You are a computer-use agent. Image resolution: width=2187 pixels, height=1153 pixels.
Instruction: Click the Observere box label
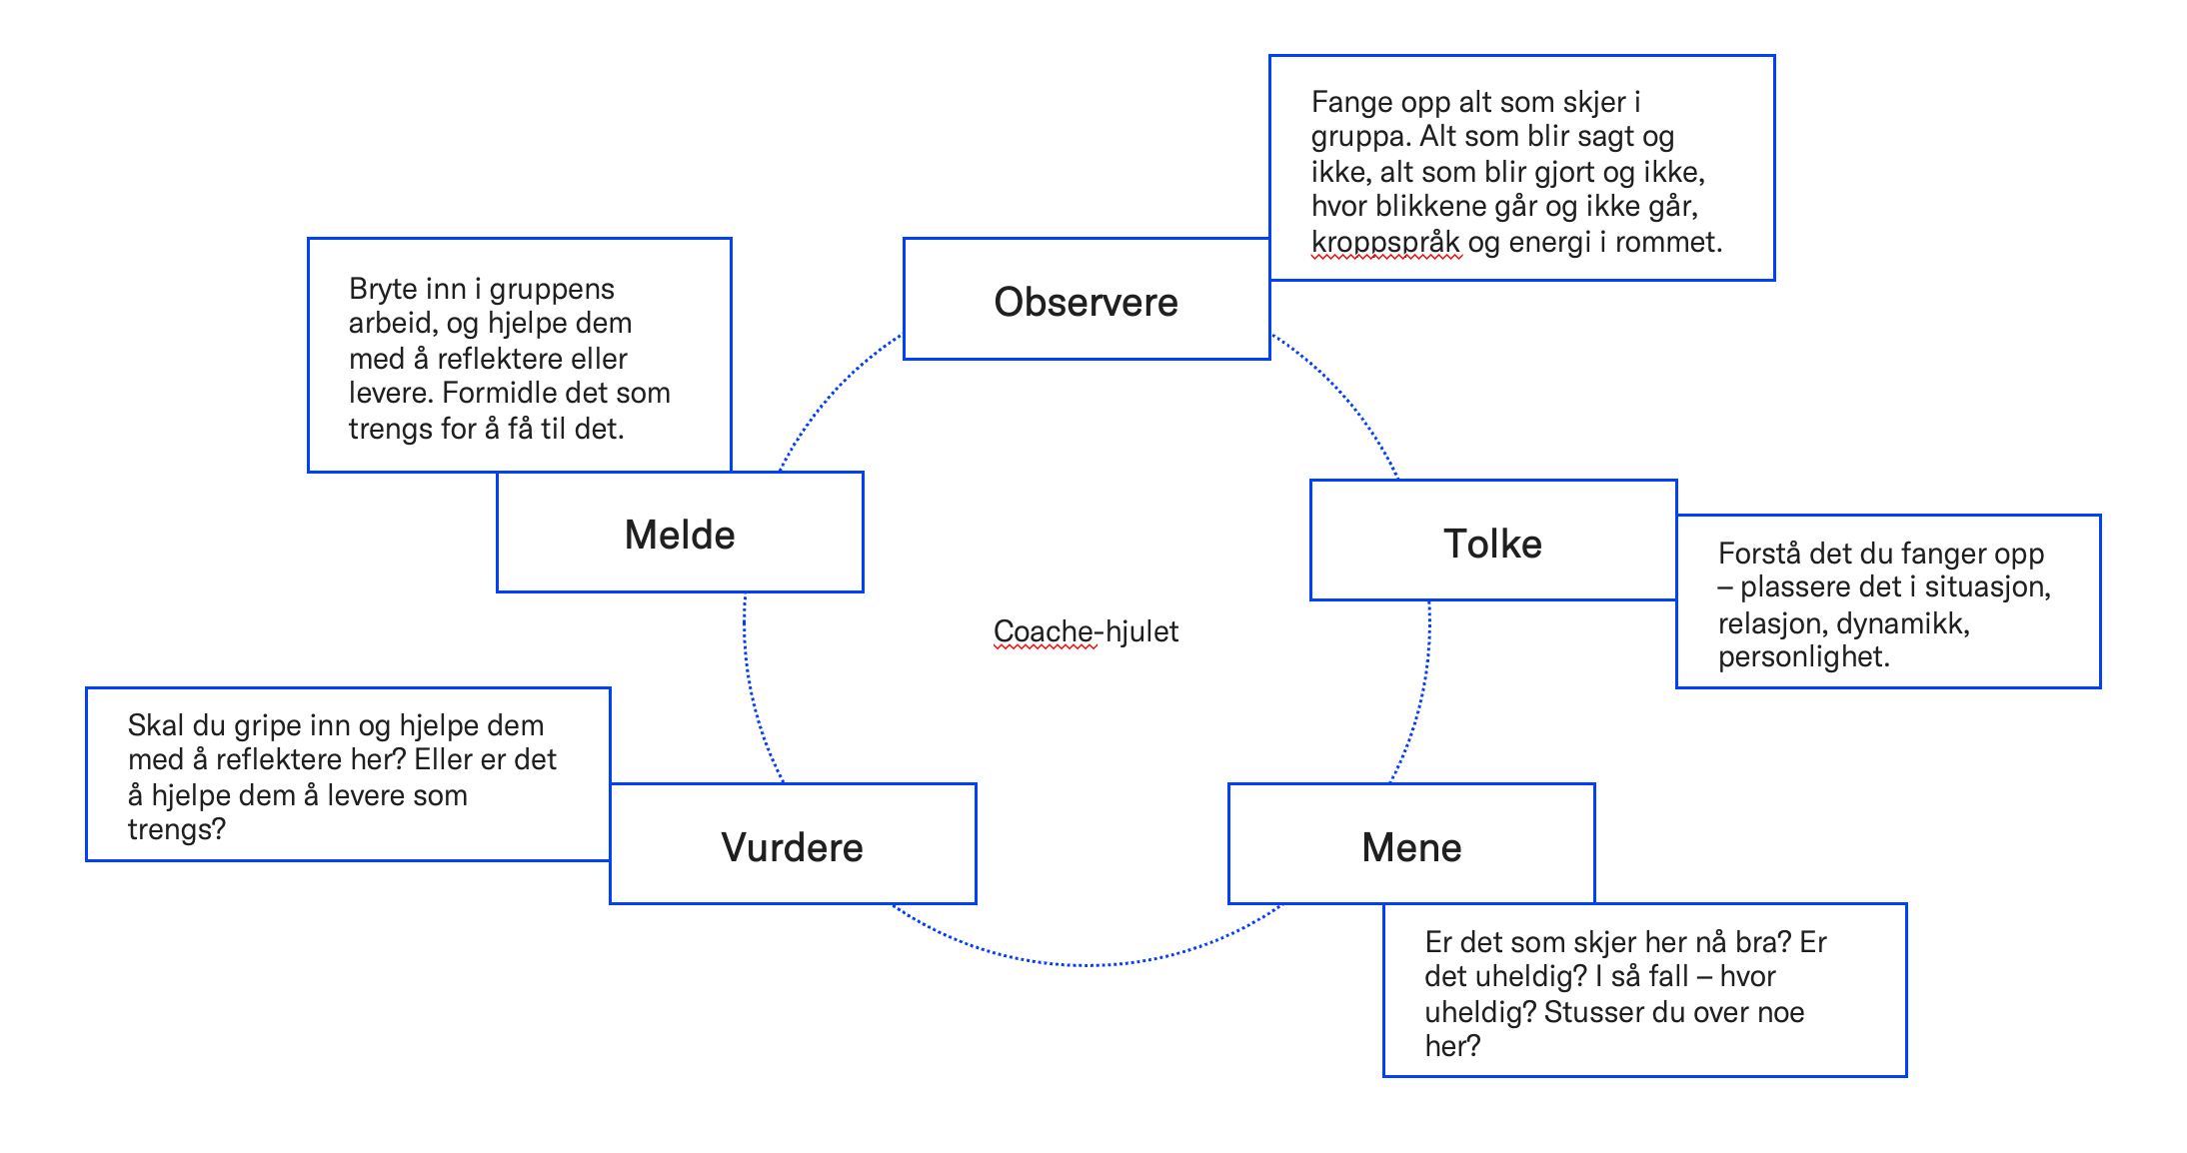coord(1086,302)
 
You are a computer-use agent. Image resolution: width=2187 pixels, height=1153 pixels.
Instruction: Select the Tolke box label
coord(1492,544)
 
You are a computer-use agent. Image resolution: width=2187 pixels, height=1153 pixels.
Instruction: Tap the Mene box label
coord(1411,847)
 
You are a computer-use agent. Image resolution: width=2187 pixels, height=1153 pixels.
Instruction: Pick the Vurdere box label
coord(792,847)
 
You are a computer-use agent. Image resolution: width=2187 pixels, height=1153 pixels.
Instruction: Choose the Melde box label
coord(680,535)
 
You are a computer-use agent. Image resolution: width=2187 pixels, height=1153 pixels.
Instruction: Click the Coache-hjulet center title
coord(1086,631)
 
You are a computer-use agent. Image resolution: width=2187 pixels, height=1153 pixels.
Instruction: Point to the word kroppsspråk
coord(1385,242)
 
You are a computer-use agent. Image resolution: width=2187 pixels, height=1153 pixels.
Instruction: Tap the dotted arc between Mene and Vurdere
coord(1087,965)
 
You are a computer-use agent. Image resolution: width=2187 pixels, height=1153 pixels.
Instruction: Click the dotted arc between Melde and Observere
coord(829,394)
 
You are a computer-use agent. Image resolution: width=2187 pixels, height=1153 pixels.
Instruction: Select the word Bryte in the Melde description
coord(380,289)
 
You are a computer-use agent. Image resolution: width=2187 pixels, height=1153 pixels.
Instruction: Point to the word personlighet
coord(1802,657)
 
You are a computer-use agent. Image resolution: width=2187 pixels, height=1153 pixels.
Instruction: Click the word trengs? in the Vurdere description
coord(176,829)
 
